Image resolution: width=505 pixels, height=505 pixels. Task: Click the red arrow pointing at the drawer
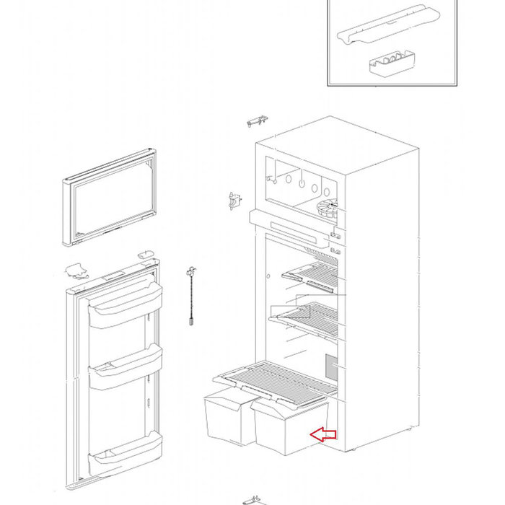point(323,434)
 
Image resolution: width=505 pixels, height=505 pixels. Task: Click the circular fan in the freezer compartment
point(326,211)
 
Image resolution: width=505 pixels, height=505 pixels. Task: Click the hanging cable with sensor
point(191,297)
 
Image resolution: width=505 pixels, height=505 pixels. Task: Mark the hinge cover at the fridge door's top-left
point(75,272)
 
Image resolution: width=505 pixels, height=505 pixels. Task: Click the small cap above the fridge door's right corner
point(146,254)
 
